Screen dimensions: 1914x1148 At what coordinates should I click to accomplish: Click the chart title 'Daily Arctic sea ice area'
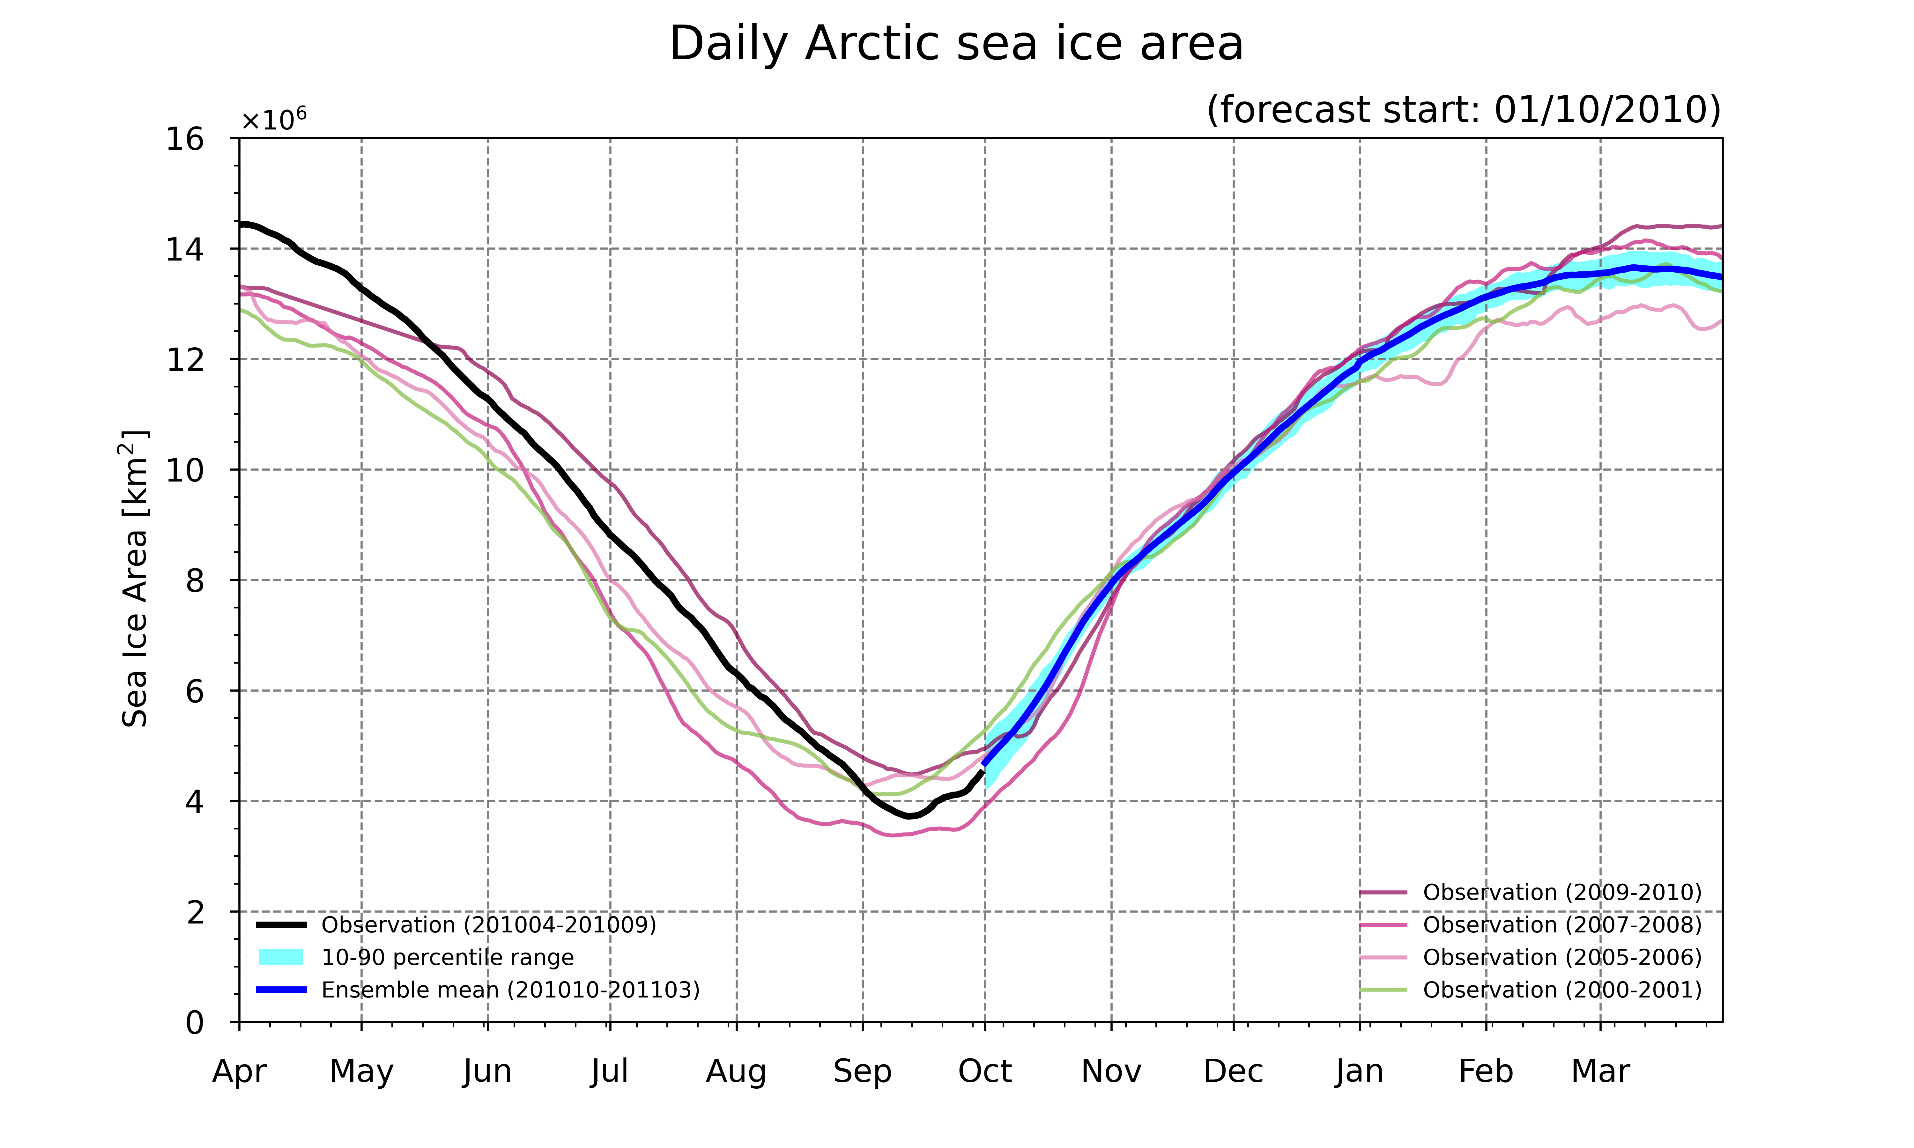coord(956,44)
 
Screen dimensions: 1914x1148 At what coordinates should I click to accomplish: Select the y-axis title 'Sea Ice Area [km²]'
coord(135,579)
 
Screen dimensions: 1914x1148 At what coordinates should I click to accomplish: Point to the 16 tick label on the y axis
coord(185,139)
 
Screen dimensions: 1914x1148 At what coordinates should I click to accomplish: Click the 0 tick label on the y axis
coord(195,1023)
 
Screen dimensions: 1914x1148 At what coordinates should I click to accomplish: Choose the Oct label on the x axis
coord(985,1071)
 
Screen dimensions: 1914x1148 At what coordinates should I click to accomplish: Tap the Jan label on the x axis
coord(1359,1071)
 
